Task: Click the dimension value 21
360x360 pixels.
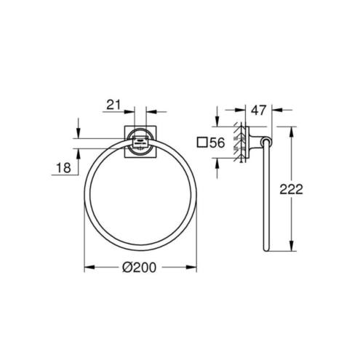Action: [x=113, y=105]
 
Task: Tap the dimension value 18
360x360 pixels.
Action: [x=63, y=167]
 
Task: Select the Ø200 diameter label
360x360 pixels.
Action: [x=140, y=268]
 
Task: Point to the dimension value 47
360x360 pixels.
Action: [x=258, y=111]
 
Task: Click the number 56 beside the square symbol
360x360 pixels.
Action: [x=217, y=143]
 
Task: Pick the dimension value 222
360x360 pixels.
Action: [x=291, y=189]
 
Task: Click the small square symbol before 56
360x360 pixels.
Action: [x=202, y=143]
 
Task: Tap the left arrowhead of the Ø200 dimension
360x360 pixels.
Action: [x=89, y=268]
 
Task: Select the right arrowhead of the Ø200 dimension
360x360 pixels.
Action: [x=191, y=268]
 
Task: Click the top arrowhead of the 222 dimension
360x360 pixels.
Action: [x=292, y=132]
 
